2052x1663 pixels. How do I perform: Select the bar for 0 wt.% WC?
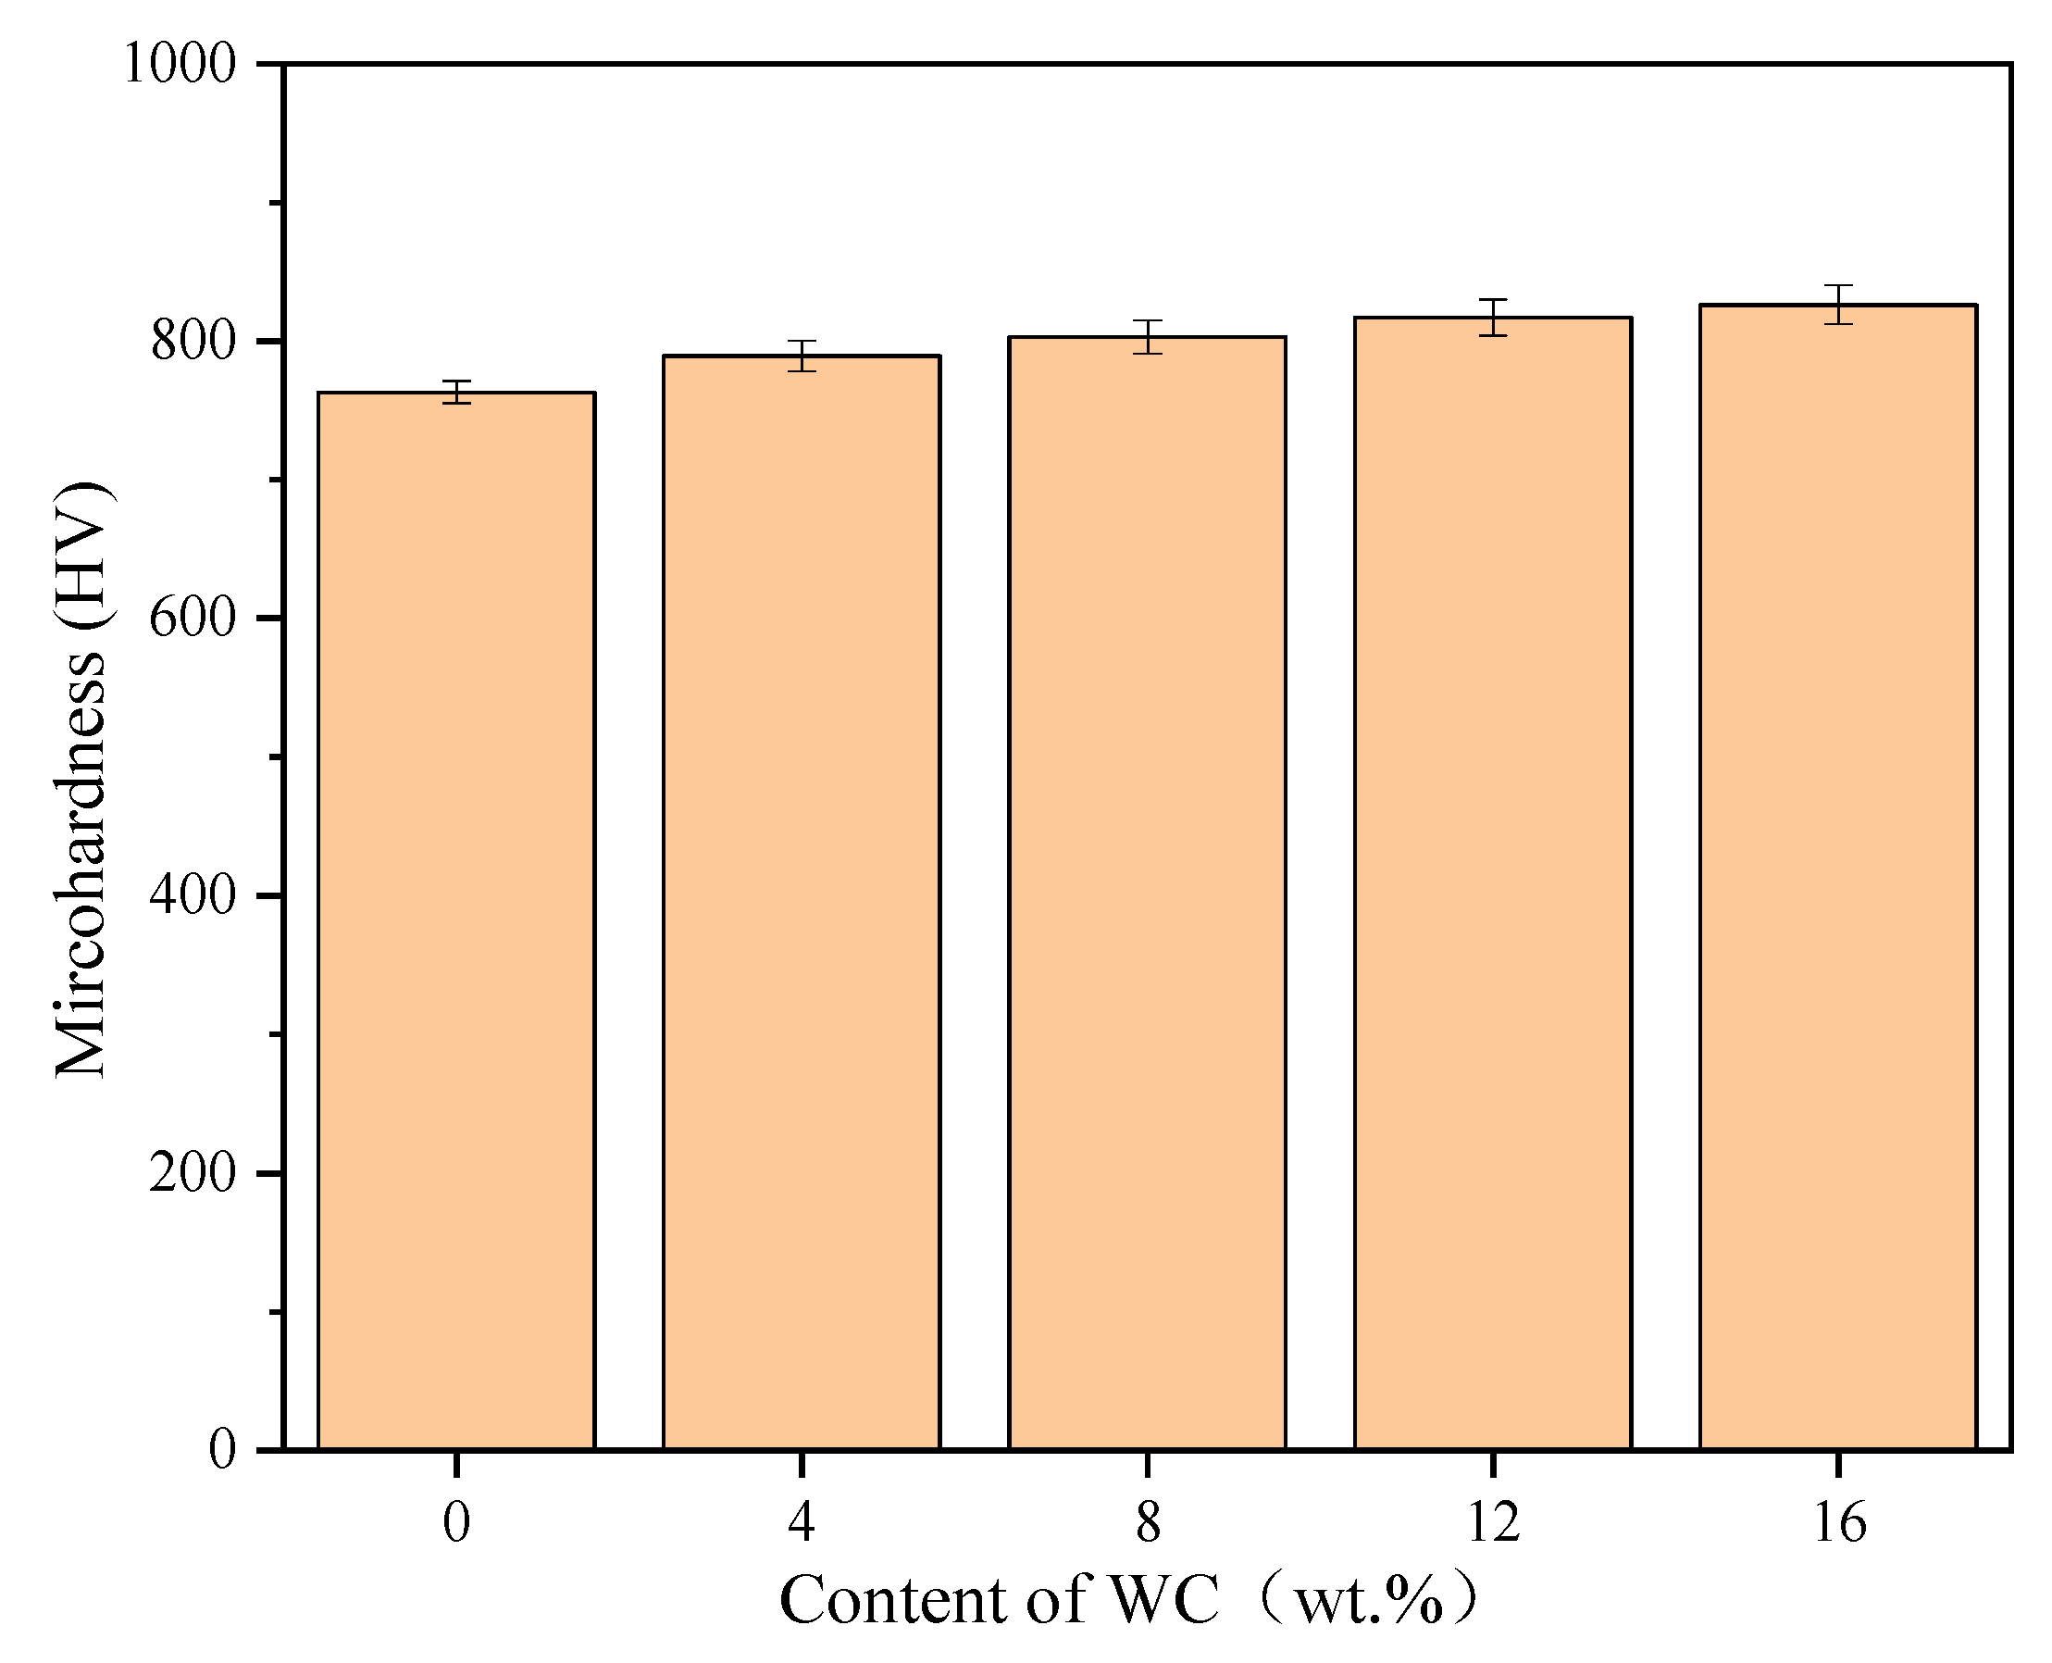[x=455, y=919]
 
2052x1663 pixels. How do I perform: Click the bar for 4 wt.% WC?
[x=802, y=900]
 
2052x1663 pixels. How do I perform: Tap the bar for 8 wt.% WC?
[x=1147, y=891]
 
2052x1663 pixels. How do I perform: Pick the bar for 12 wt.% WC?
[x=1493, y=882]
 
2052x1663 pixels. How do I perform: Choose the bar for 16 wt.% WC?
[x=1838, y=877]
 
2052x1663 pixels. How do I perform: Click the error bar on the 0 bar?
[x=456, y=392]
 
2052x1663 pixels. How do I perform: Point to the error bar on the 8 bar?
[x=1147, y=337]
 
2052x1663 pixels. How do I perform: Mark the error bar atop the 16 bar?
[x=1838, y=305]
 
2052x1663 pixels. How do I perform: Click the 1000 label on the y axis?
[x=180, y=65]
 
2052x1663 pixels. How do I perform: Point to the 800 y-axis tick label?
[x=193, y=341]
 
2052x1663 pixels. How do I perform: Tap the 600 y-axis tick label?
[x=193, y=618]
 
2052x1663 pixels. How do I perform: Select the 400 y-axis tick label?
[x=193, y=895]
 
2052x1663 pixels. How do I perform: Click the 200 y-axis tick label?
[x=193, y=1172]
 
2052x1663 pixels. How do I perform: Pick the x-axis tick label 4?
[x=802, y=1522]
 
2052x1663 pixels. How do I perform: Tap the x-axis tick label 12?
[x=1493, y=1522]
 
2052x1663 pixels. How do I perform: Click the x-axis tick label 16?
[x=1839, y=1522]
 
